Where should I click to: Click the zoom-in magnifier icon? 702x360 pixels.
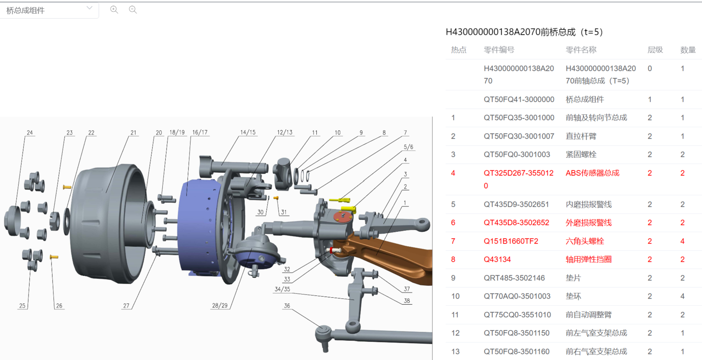114,9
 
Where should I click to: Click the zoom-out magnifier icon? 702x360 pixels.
133,9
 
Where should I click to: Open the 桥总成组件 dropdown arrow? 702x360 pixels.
90,8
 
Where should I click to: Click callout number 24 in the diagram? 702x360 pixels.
30,133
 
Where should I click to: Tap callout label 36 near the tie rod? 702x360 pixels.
287,306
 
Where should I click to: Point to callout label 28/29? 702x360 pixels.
219,306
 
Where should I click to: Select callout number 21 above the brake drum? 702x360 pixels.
133,133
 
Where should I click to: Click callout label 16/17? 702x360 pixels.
200,133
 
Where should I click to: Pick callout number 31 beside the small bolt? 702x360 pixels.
284,213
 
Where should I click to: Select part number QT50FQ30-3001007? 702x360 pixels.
519,136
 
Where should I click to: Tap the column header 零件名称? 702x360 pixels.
581,50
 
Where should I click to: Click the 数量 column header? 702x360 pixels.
687,50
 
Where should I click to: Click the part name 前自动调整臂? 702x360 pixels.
588,315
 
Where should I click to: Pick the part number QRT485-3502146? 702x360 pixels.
514,278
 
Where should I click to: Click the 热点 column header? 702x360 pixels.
458,50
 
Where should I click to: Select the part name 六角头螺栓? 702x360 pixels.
585,241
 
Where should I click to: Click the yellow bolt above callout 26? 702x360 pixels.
53,257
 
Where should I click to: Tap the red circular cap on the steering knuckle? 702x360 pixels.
342,218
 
